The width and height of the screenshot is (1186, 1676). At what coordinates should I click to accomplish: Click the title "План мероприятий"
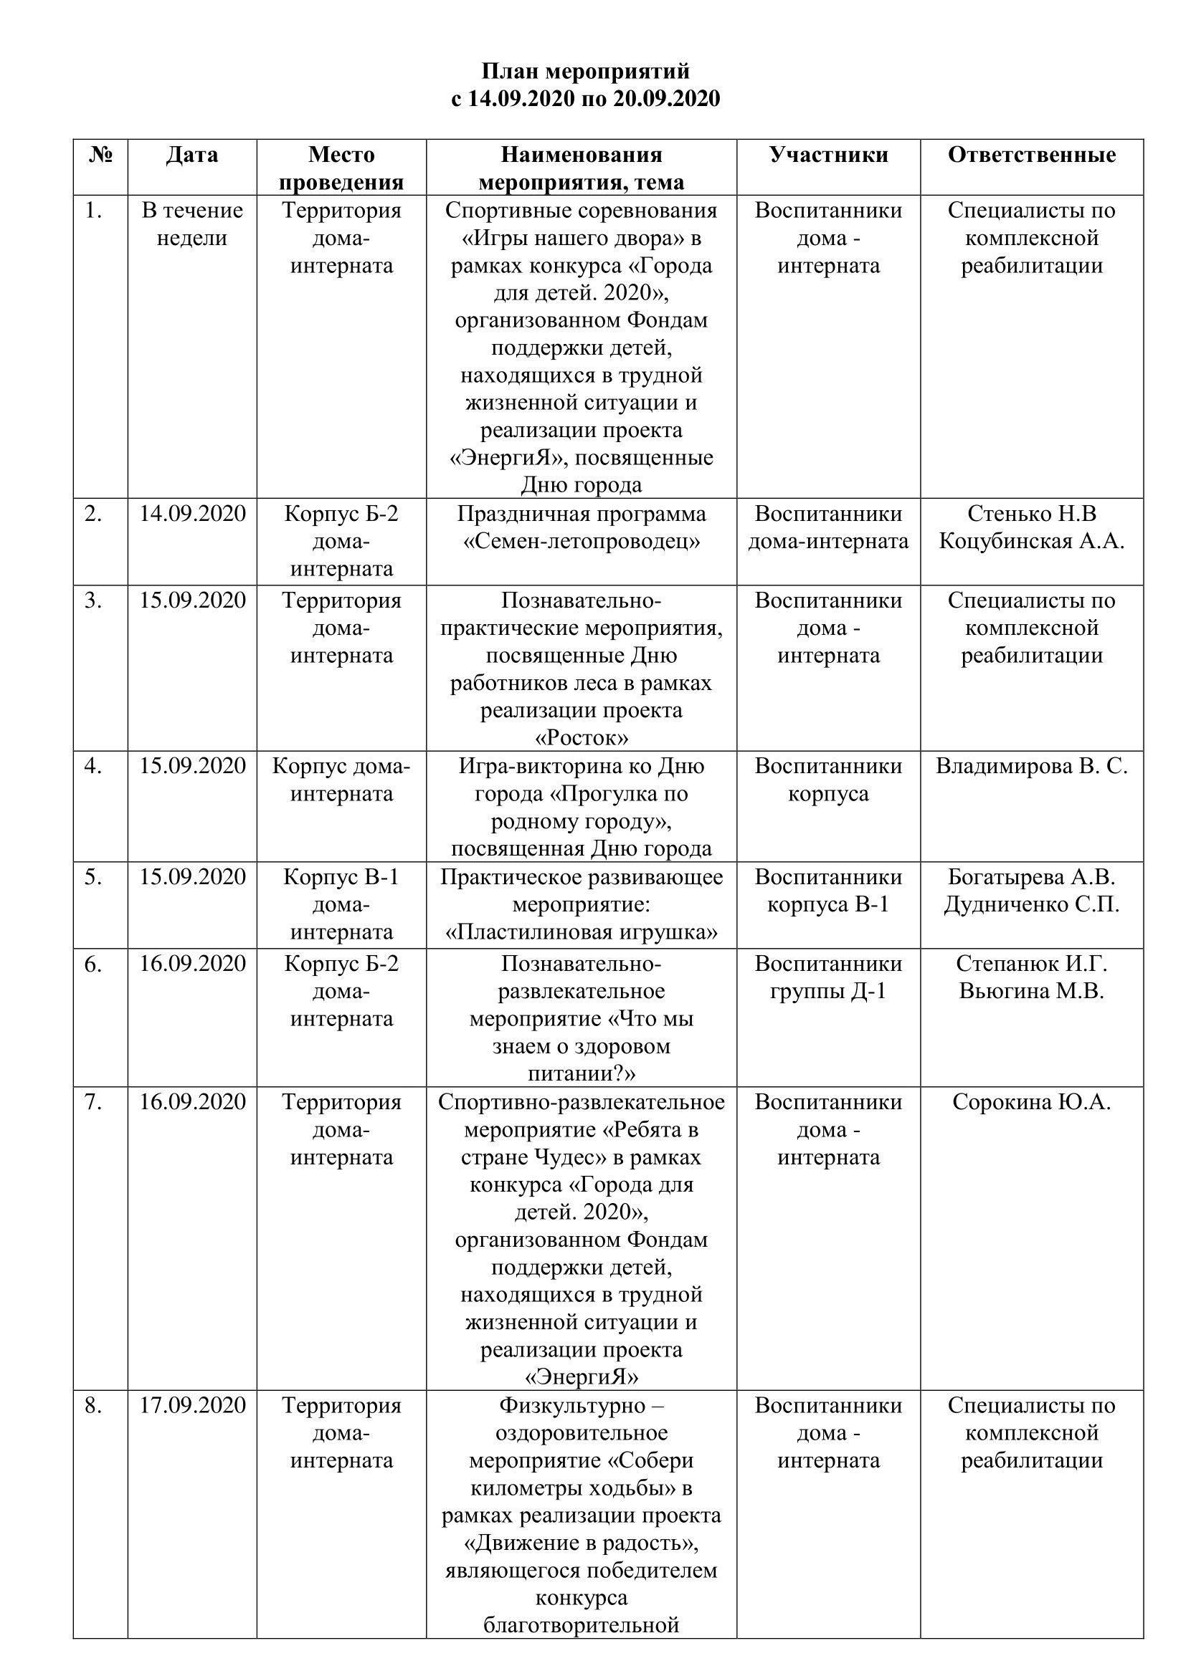pos(585,72)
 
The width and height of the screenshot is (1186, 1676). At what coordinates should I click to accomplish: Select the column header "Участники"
pos(828,155)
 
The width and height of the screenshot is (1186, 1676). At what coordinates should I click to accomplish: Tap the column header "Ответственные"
pos(1031,155)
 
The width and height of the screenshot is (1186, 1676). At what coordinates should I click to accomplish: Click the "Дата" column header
pos(192,155)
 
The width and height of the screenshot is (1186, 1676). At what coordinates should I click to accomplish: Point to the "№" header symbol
pos(100,155)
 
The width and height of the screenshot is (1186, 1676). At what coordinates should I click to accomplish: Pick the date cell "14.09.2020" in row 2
pos(193,514)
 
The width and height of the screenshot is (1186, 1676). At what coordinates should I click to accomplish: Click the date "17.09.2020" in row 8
pos(193,1405)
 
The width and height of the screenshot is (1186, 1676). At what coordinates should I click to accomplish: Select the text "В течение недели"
pos(192,224)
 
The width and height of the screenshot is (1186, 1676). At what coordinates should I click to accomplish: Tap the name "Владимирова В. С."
pos(1031,767)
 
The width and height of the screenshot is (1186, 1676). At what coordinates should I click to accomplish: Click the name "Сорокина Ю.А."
pos(1031,1102)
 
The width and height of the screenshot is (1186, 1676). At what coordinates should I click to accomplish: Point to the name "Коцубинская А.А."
pos(1031,542)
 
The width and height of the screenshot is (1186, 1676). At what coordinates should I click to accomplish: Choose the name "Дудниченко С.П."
pos(1031,904)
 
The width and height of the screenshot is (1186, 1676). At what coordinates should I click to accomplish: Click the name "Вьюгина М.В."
pos(1031,991)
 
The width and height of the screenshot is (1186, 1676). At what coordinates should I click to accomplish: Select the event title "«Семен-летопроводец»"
pos(582,542)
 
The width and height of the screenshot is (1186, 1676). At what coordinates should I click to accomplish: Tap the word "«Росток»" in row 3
pos(582,738)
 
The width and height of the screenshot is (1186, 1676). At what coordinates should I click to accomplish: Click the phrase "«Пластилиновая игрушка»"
pos(582,932)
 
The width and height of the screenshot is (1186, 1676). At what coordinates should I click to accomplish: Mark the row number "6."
pos(92,964)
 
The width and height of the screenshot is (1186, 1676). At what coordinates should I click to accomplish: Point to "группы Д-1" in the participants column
pos(828,991)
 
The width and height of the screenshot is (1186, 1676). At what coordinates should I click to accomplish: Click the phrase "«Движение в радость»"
pos(582,1543)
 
